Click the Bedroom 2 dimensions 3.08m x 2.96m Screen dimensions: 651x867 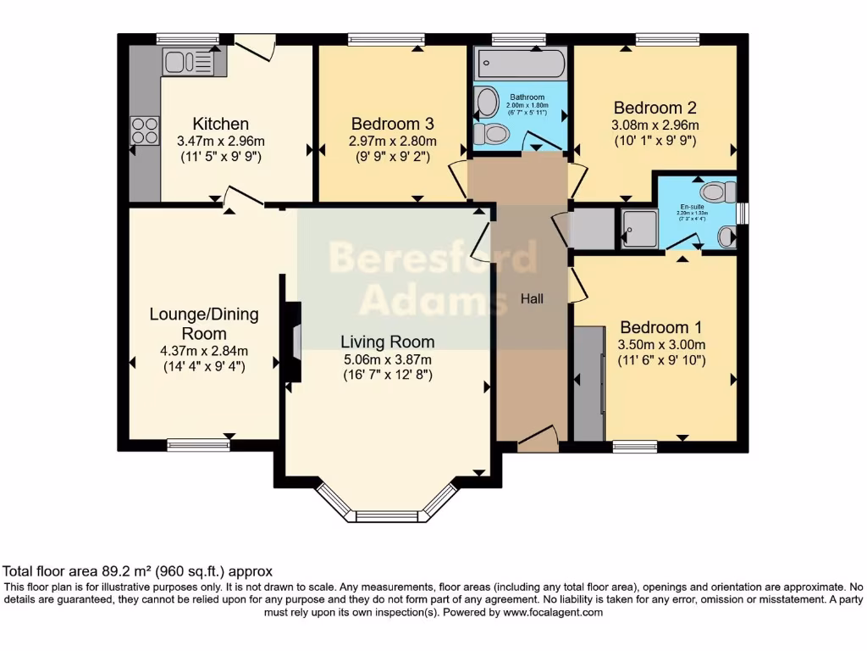tap(654, 125)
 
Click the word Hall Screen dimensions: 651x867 tap(532, 298)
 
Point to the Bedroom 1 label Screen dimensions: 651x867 tap(660, 327)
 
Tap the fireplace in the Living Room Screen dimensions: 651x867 tap(293, 343)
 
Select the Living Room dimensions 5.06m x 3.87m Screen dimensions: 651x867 tap(387, 359)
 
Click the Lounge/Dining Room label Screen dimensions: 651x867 tap(204, 323)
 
